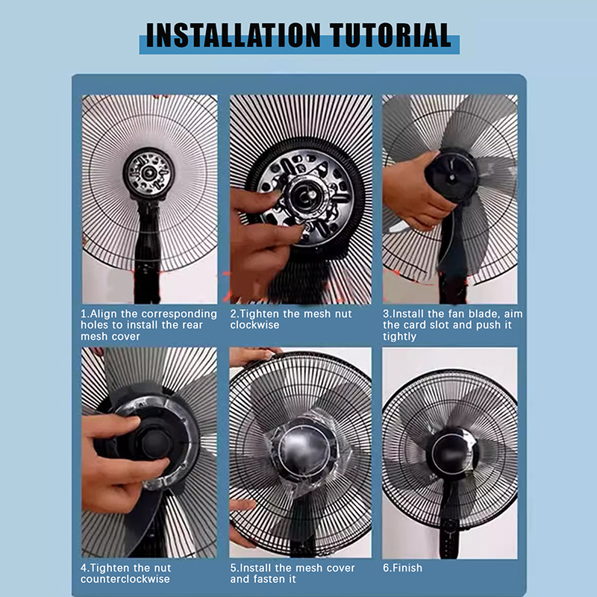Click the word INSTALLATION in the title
(x=233, y=35)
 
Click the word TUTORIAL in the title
(x=390, y=35)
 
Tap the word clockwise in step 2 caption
(x=254, y=325)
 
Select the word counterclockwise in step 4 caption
(x=125, y=579)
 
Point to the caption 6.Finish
(x=402, y=568)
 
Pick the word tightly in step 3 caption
(x=399, y=337)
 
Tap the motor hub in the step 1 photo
(x=149, y=174)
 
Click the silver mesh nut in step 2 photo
(x=304, y=196)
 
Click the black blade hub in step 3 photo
(x=452, y=176)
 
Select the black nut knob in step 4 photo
(x=157, y=443)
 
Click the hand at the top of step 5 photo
(x=251, y=355)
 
